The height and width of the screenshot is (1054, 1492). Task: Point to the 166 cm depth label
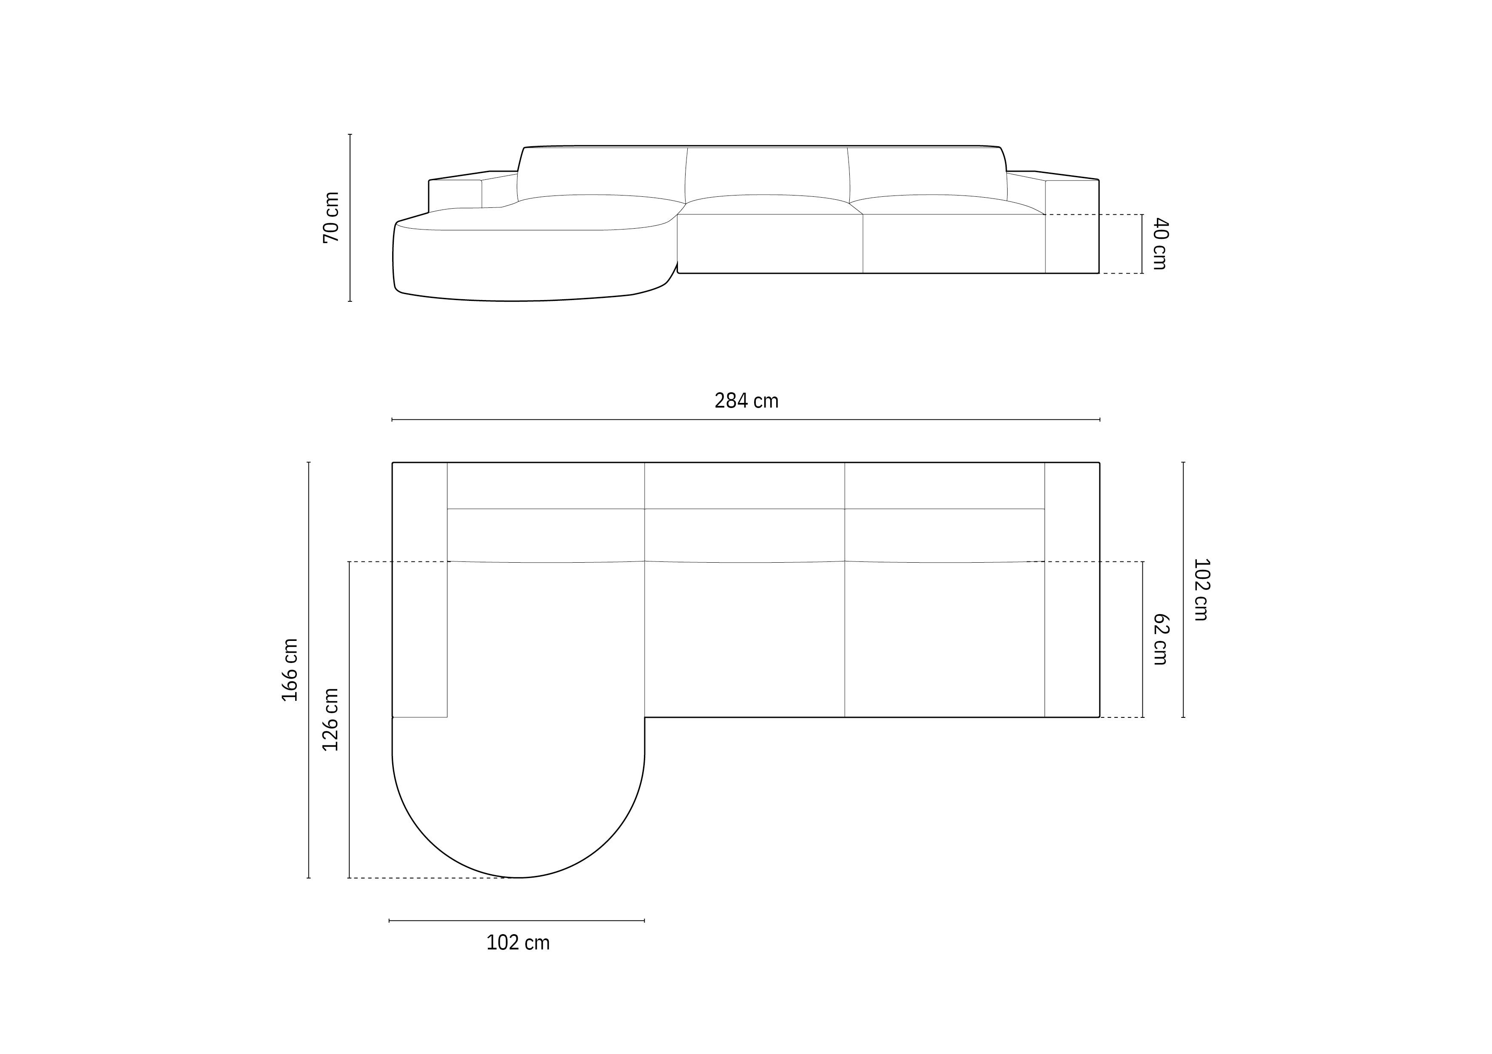tap(290, 669)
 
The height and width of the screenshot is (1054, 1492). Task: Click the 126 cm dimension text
tap(331, 720)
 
